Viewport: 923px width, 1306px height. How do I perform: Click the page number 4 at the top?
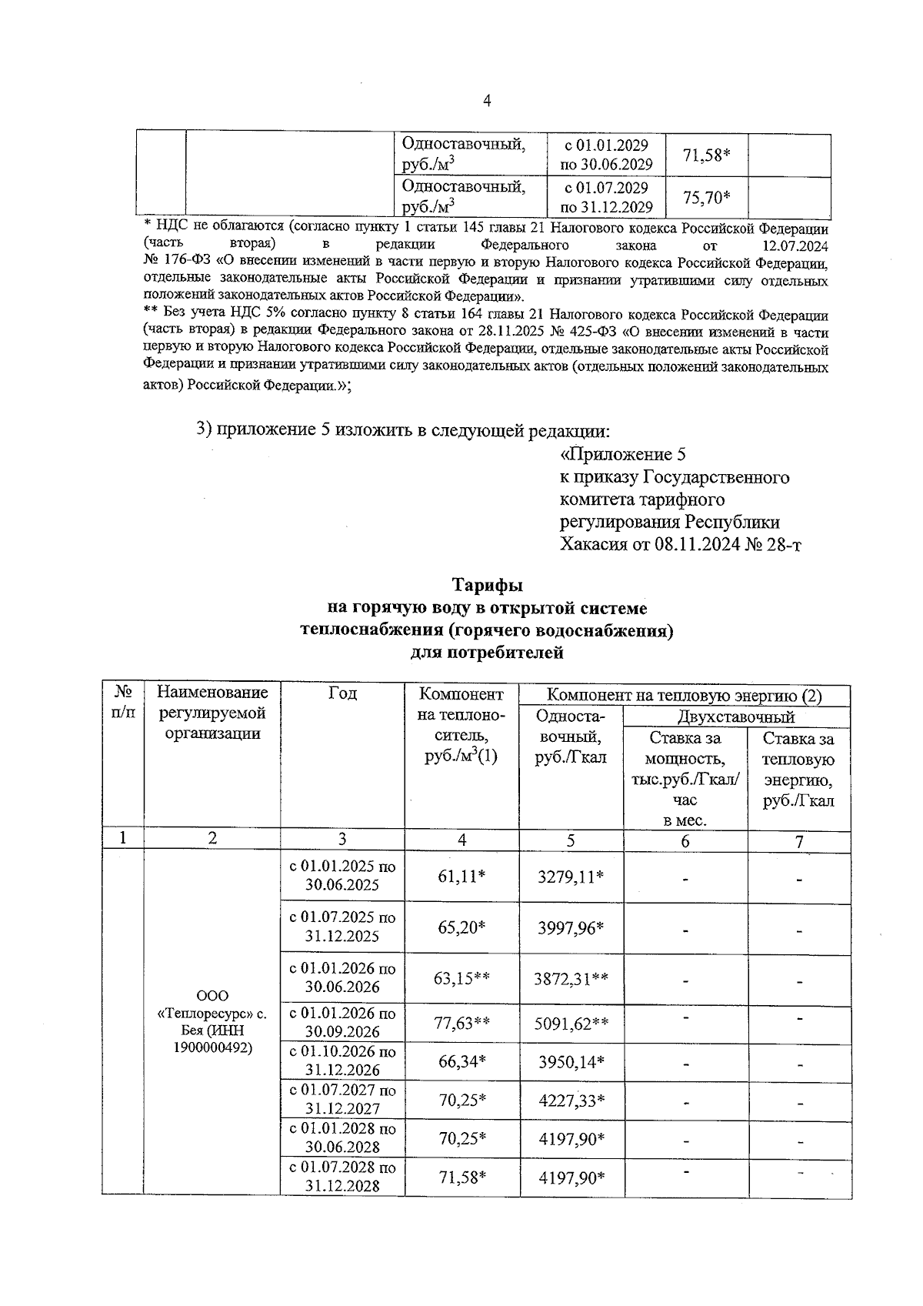coord(486,101)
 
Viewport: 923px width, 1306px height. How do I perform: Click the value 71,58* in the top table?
coord(706,155)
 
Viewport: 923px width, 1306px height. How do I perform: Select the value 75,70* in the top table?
coord(706,198)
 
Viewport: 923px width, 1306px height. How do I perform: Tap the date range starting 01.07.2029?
coord(606,198)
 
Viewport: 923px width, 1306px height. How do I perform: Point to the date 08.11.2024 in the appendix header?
coord(698,544)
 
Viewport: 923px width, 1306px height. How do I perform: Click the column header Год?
coord(342,694)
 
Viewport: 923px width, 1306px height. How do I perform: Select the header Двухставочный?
coord(735,717)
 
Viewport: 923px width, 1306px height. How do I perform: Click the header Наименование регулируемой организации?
coord(212,713)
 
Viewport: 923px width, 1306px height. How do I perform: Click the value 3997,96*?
coord(571,928)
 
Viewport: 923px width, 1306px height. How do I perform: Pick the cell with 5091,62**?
coord(571,1024)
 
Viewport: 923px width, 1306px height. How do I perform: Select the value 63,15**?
coord(461,978)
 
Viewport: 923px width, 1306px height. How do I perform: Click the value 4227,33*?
coord(571,1101)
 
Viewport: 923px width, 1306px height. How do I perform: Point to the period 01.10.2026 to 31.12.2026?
coord(342,1061)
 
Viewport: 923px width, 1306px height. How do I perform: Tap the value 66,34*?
coord(461,1062)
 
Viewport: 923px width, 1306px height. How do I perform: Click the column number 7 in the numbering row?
coord(799,841)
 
